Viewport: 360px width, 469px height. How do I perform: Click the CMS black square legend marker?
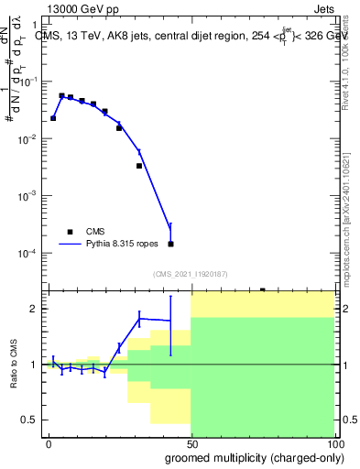tap(70, 232)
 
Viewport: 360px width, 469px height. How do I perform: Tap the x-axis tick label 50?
tap(191, 443)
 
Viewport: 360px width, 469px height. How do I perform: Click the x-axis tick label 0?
tap(49, 443)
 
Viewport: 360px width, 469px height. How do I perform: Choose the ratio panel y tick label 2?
tap(34, 309)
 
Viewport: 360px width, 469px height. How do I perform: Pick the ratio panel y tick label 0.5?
tap(30, 420)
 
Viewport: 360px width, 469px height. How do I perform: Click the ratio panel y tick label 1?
tap(34, 365)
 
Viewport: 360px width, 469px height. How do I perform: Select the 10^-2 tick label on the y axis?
tap(28, 138)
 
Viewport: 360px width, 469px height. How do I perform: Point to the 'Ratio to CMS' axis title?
tap(12, 365)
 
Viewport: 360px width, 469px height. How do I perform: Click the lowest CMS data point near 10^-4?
tap(170, 244)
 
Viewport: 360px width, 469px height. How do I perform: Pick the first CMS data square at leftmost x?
tap(53, 118)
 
